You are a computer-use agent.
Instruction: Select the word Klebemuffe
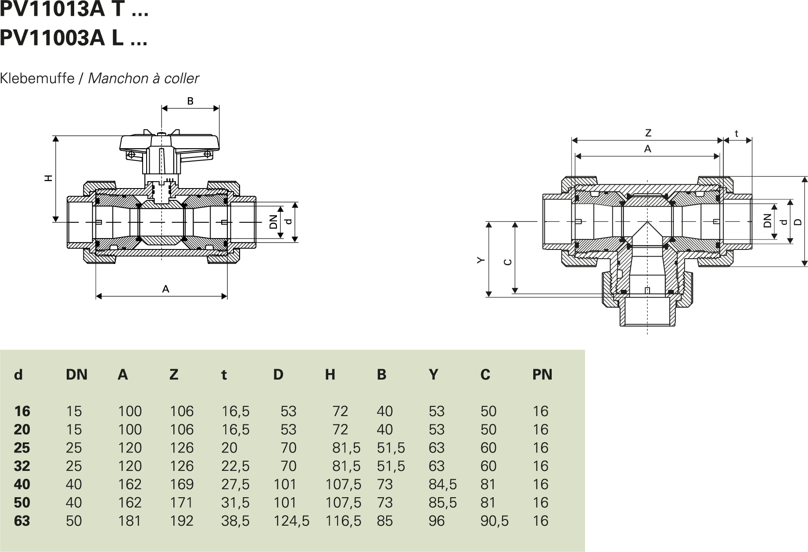(37, 78)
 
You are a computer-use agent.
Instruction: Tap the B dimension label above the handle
(190, 101)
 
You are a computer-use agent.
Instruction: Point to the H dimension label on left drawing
(49, 178)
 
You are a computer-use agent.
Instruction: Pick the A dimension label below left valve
(165, 289)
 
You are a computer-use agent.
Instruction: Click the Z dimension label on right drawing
(648, 133)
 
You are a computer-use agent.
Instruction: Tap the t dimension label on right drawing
(736, 134)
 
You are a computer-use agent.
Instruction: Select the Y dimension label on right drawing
(481, 260)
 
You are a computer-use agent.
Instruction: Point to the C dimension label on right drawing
(507, 262)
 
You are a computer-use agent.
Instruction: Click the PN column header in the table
(542, 374)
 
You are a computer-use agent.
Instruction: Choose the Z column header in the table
(174, 374)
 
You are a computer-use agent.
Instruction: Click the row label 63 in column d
(22, 521)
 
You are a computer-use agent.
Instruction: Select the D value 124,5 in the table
(291, 521)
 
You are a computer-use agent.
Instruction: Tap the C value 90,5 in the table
(494, 521)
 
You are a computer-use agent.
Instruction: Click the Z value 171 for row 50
(181, 502)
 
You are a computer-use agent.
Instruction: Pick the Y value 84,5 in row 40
(442, 484)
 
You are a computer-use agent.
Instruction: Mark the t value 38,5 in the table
(235, 521)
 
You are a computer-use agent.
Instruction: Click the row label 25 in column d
(22, 448)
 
